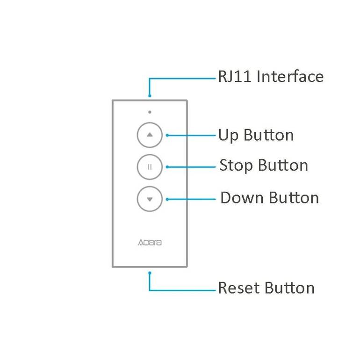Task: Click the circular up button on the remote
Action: (x=150, y=135)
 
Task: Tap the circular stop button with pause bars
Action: (x=150, y=167)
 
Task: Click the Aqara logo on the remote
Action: (x=150, y=243)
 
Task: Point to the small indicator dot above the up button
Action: (x=150, y=112)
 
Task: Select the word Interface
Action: (x=290, y=77)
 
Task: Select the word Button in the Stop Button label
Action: (x=283, y=166)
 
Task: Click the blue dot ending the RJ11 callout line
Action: (x=150, y=96)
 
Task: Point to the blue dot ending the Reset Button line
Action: (x=150, y=273)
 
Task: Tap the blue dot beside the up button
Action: (x=167, y=136)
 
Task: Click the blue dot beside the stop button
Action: (x=167, y=167)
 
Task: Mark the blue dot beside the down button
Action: (x=167, y=199)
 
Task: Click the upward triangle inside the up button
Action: (x=150, y=135)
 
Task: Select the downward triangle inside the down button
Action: (x=150, y=199)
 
